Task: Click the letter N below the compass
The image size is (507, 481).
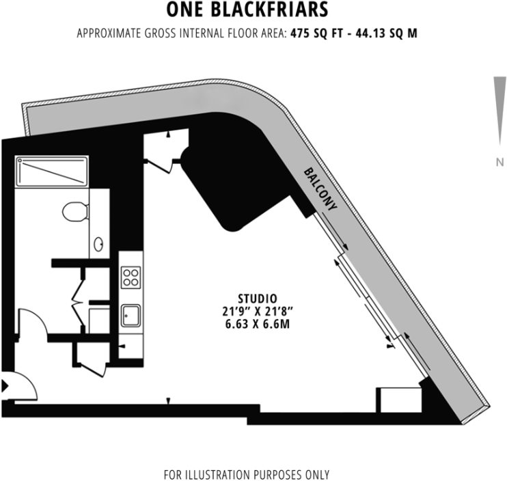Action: click(500, 162)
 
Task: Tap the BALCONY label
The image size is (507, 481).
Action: click(322, 192)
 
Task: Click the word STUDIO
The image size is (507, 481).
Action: click(257, 298)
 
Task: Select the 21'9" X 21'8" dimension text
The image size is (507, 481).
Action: click(257, 311)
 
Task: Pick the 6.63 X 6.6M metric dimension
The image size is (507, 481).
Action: click(257, 324)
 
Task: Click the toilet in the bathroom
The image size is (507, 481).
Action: click(74, 211)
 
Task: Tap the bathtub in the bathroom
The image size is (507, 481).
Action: click(52, 171)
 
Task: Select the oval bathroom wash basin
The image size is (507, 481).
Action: click(99, 244)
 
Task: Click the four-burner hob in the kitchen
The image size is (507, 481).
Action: click(131, 277)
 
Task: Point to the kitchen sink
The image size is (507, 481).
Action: click(131, 316)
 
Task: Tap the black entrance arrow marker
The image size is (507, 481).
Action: click(5, 386)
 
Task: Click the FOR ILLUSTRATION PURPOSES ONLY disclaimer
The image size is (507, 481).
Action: click(246, 474)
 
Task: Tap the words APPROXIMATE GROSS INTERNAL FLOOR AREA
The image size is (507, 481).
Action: click(181, 33)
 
